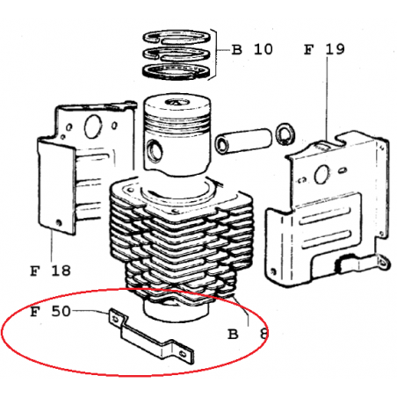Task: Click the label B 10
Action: [252, 49]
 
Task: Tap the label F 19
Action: [324, 49]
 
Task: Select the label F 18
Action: [50, 271]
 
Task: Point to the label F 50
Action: [50, 311]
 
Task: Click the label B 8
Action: [248, 334]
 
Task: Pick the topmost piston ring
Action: [177, 37]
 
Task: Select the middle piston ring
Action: [177, 54]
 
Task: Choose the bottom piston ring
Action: [177, 71]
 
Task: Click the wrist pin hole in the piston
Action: [155, 151]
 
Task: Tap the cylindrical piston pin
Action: [243, 141]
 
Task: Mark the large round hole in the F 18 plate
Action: [93, 126]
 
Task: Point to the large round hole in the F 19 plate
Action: [321, 175]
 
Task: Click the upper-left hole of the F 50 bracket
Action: [116, 318]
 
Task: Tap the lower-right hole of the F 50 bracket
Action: [183, 354]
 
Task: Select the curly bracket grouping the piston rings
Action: [215, 54]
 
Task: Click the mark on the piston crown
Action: [177, 103]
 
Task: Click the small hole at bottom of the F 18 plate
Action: [59, 223]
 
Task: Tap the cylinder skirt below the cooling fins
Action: [177, 311]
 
